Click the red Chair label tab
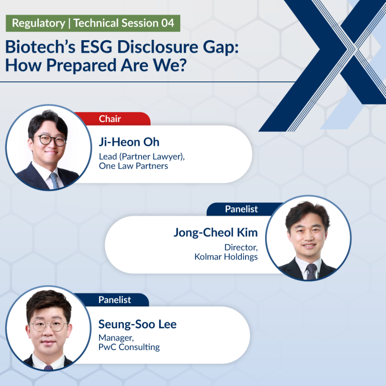click(112, 119)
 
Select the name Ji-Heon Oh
click(129, 142)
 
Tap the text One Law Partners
click(133, 166)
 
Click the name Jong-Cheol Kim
click(216, 233)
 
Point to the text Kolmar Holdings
click(226, 257)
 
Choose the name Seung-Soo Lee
click(137, 324)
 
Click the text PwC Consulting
click(129, 347)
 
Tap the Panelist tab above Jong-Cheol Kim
click(241, 209)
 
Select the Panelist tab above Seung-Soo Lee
click(115, 300)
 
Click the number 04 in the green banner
click(168, 23)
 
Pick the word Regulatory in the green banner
click(39, 23)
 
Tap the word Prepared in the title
click(81, 66)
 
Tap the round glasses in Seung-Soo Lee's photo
click(49, 326)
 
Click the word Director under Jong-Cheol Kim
click(241, 248)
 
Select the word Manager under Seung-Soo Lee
click(116, 338)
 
